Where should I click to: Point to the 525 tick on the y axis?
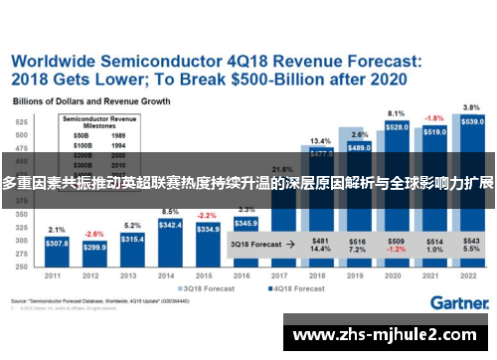point(20,121)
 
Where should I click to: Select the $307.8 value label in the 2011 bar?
point(57,244)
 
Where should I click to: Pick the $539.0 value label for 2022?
point(473,121)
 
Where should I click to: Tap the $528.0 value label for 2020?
point(397,127)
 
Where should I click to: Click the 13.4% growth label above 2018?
point(320,141)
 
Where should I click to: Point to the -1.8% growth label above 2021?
point(434,117)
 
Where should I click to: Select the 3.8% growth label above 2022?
point(472,106)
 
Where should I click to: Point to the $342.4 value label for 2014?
point(170,226)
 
